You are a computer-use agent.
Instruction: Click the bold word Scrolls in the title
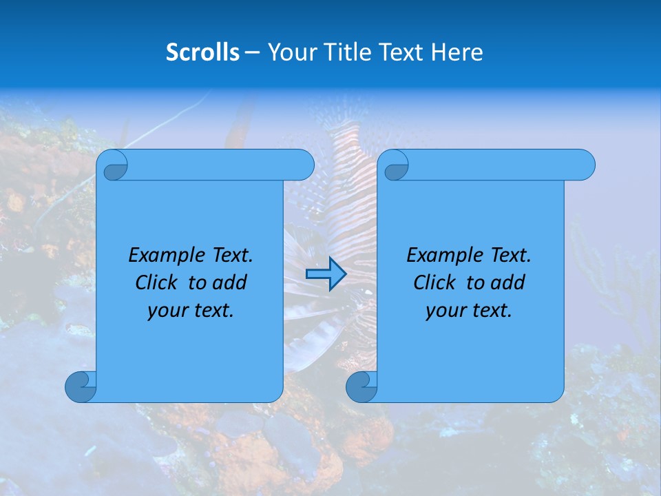click(x=202, y=52)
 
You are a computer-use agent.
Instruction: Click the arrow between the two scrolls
click(x=326, y=274)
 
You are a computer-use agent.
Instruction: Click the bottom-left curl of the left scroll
click(x=81, y=386)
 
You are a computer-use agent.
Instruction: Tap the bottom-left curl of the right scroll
click(x=361, y=386)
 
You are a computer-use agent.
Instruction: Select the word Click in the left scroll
click(x=158, y=283)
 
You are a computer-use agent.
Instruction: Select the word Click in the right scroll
click(x=436, y=283)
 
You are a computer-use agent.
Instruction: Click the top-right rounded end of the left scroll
click(x=303, y=165)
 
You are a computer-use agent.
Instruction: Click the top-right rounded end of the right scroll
click(x=584, y=165)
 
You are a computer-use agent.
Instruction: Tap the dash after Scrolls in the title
click(x=252, y=53)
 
